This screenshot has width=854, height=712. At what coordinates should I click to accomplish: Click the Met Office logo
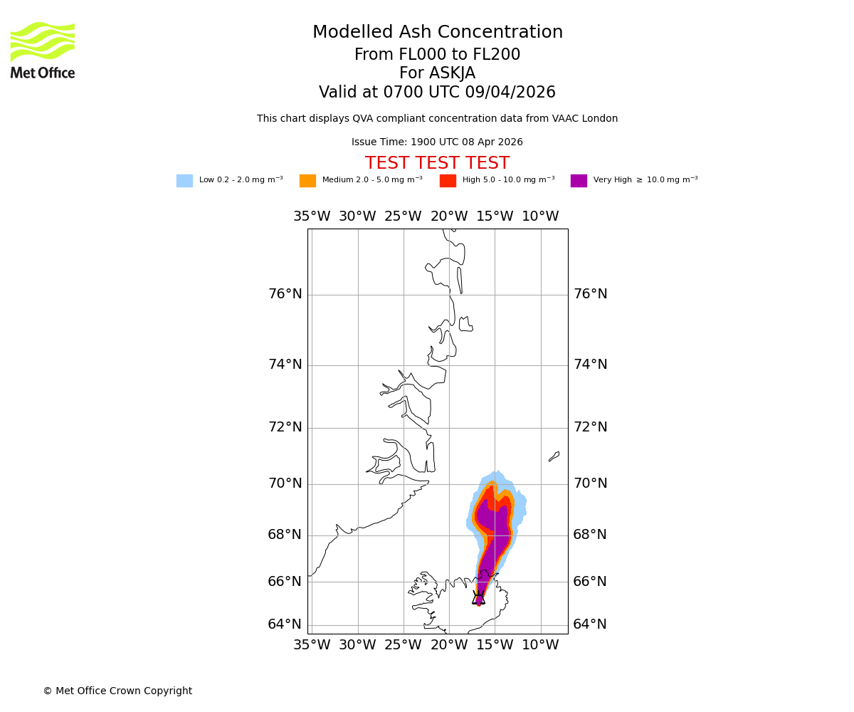click(43, 50)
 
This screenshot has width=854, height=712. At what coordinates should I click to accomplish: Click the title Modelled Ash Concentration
click(437, 33)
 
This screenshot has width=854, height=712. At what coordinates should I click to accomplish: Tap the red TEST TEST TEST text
click(437, 164)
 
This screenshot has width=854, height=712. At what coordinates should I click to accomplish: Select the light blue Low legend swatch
click(184, 181)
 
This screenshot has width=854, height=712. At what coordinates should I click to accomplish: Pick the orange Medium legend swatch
click(307, 181)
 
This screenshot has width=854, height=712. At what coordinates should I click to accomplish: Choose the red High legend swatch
click(448, 181)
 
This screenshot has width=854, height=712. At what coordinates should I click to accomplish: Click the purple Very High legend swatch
click(579, 181)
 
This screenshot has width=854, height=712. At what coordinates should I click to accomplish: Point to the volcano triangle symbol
click(478, 599)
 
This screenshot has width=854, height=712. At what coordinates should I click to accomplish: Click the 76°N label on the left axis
click(285, 294)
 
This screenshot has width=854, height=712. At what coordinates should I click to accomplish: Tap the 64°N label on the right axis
click(591, 624)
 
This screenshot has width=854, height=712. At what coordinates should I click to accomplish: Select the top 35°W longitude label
click(312, 216)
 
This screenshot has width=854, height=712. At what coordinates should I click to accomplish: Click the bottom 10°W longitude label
click(540, 645)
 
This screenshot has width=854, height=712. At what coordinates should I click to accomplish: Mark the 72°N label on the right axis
click(591, 427)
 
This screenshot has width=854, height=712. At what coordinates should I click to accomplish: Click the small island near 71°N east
click(554, 456)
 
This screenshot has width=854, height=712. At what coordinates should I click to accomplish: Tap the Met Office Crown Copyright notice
click(117, 691)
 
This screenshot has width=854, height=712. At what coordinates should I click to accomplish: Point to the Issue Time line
click(437, 142)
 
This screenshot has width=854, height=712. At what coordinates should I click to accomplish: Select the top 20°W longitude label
click(449, 216)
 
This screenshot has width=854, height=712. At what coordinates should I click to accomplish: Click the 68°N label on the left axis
click(285, 535)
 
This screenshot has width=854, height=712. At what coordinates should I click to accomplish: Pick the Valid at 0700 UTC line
click(437, 93)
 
